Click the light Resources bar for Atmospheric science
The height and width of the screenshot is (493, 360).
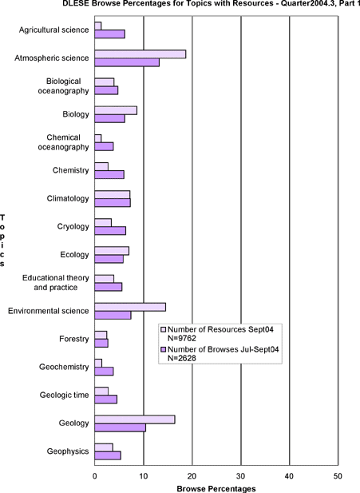(x=140, y=54)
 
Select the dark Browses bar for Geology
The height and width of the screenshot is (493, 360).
(x=120, y=427)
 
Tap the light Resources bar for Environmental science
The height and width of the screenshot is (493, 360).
(x=130, y=307)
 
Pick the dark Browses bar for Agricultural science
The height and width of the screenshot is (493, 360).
(x=109, y=34)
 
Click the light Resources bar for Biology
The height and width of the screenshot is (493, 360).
(x=116, y=110)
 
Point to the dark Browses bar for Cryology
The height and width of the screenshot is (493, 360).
(x=110, y=231)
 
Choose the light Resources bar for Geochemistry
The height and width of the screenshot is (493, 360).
(x=98, y=363)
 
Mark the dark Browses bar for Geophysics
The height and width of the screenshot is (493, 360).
(x=108, y=455)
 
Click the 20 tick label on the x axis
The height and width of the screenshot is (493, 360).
(x=192, y=476)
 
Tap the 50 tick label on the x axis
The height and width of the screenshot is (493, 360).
(x=338, y=476)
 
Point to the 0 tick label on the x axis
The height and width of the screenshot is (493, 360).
(x=95, y=476)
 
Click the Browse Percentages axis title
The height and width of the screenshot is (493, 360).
(x=216, y=488)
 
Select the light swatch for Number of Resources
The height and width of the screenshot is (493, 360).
(x=164, y=329)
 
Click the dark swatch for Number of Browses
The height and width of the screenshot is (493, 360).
(x=164, y=350)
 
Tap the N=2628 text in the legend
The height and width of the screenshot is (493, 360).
(x=182, y=358)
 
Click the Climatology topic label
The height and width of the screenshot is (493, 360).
(x=68, y=199)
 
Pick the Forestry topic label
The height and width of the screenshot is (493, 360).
(x=74, y=339)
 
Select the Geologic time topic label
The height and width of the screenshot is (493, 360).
(x=64, y=396)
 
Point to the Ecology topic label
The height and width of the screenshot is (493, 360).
(x=75, y=255)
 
